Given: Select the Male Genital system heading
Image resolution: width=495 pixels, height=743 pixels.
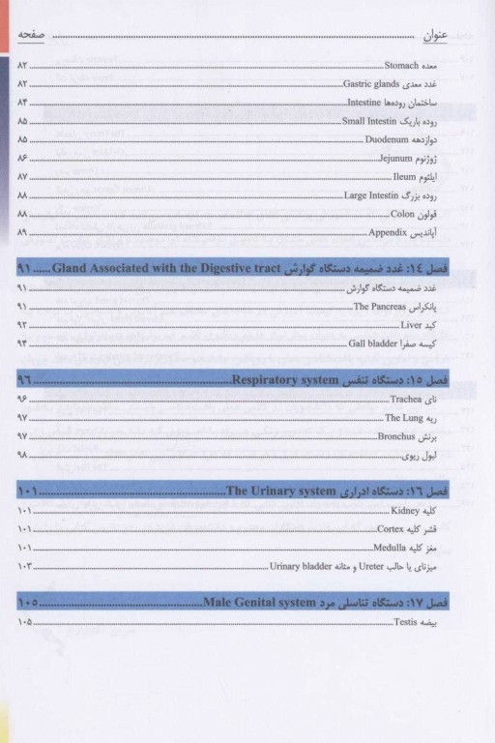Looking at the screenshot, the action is coord(261,604).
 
